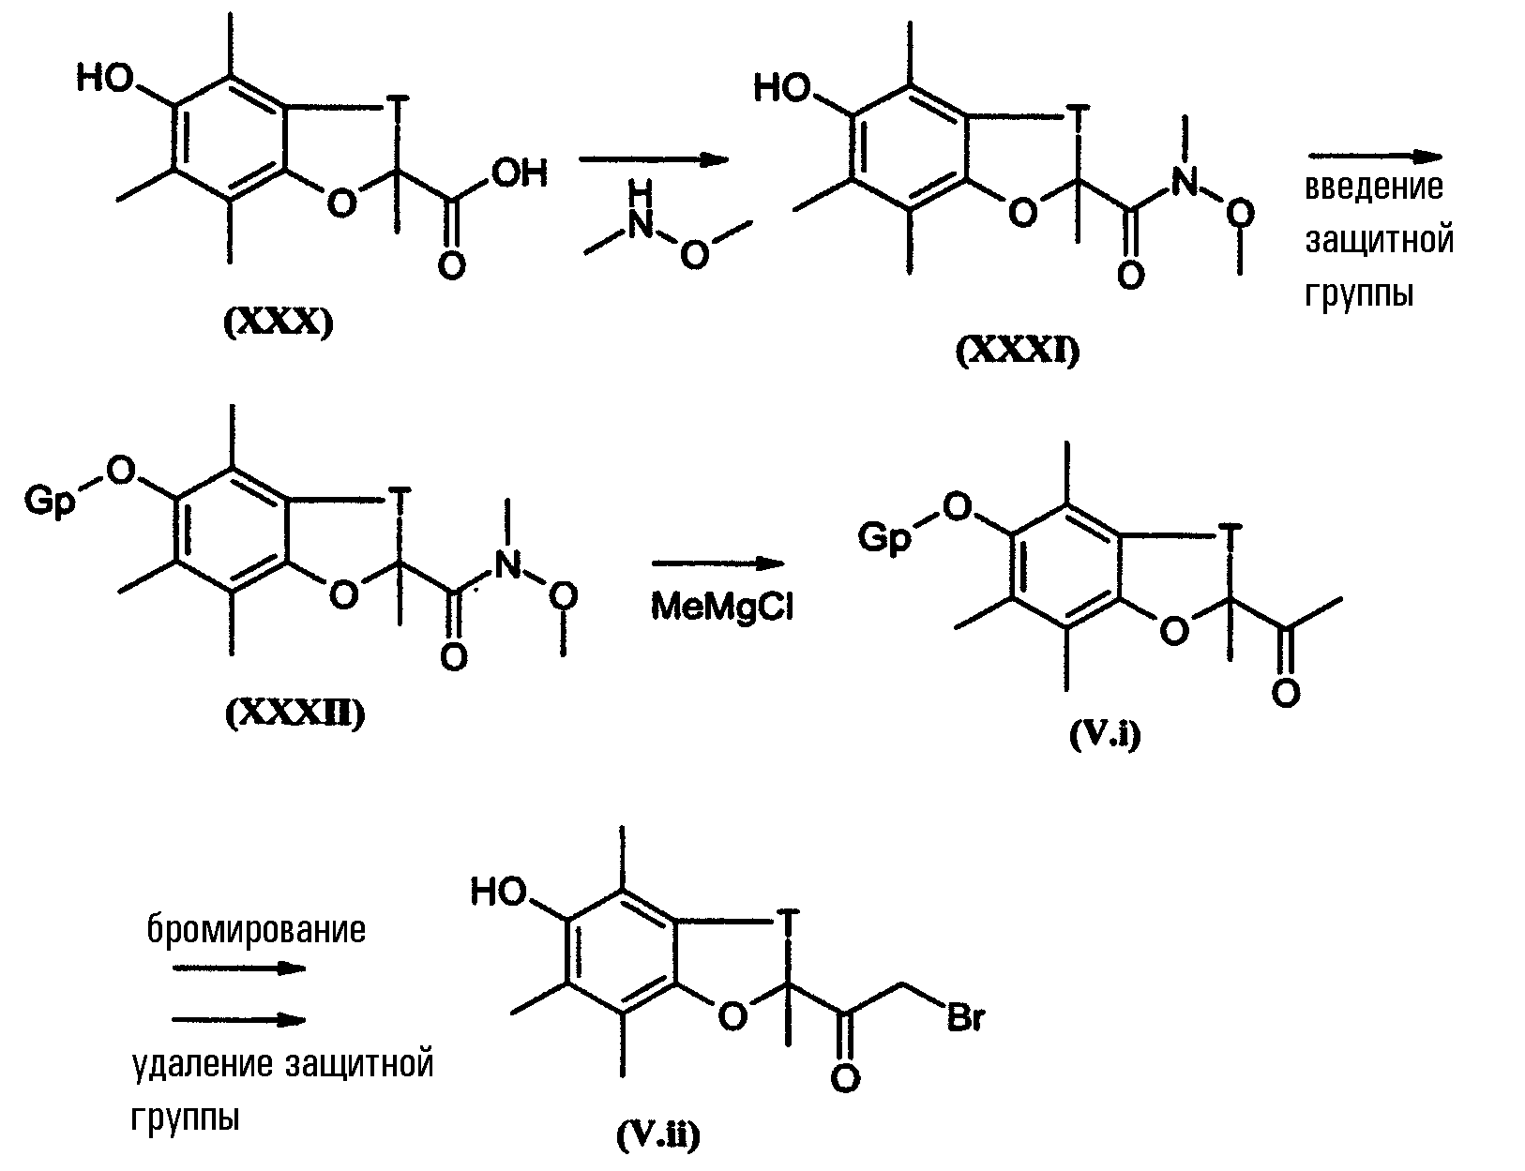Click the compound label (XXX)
click(x=278, y=323)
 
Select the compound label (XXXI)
click(x=1018, y=352)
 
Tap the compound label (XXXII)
click(x=295, y=713)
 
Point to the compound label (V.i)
click(x=1105, y=735)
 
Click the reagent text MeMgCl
click(x=722, y=606)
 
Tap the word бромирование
click(x=256, y=930)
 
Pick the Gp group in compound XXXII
click(x=50, y=502)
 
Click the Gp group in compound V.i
click(x=884, y=538)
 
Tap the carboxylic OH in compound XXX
click(x=520, y=173)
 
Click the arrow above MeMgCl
click(x=717, y=563)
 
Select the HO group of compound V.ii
click(x=498, y=892)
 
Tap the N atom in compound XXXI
click(x=1185, y=182)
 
